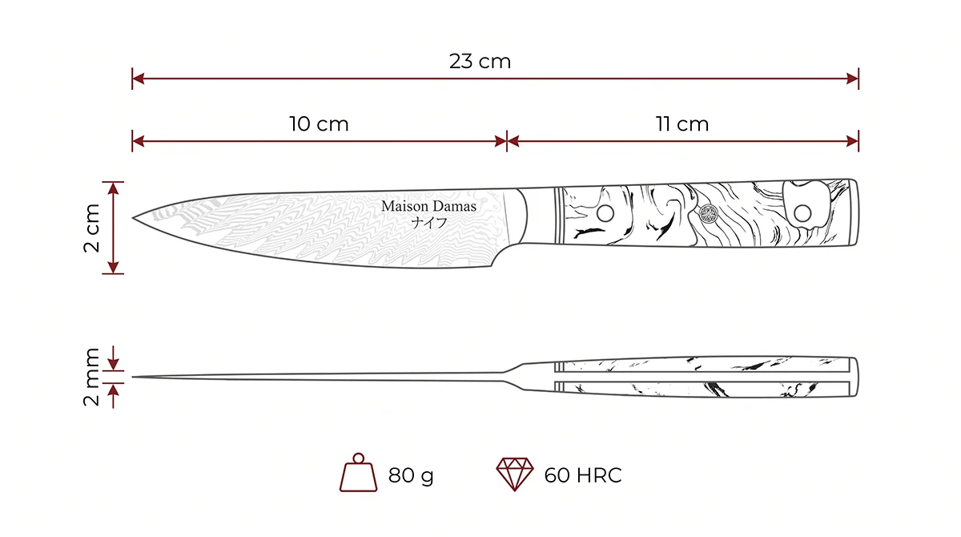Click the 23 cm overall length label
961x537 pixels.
click(480, 62)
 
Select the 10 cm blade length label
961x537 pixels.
click(319, 124)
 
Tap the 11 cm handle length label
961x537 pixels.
click(682, 124)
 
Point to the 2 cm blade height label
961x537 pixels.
click(91, 228)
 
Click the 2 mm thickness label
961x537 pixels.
click(91, 377)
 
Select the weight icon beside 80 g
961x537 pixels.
click(358, 472)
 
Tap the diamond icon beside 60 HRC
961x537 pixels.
click(515, 474)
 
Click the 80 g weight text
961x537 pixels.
click(411, 475)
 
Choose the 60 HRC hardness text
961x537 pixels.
click(583, 475)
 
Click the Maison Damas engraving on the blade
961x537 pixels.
click(428, 206)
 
